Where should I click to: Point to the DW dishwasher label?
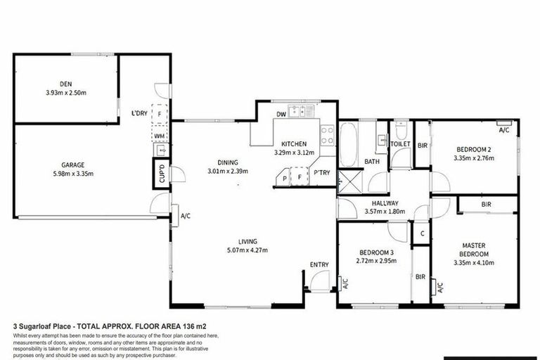click(281, 113)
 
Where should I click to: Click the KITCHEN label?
click(294, 143)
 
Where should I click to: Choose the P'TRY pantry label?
click(322, 173)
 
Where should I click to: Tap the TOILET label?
click(400, 143)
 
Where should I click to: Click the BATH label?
click(371, 162)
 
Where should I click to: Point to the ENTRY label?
click(319, 264)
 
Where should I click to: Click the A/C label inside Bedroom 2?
click(504, 131)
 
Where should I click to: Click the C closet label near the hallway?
click(423, 234)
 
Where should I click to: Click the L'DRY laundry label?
click(139, 113)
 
